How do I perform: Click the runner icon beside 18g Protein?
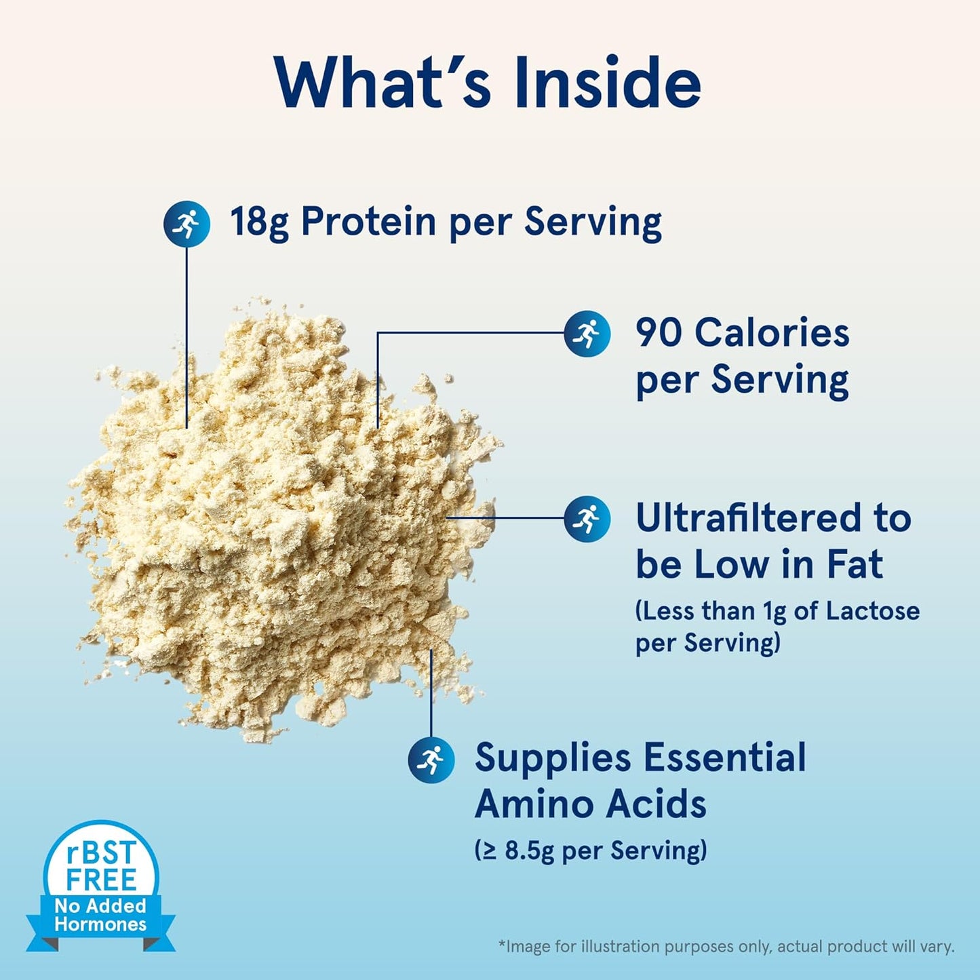(x=187, y=224)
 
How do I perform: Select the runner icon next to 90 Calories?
(x=587, y=334)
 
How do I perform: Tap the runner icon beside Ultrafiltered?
(x=587, y=519)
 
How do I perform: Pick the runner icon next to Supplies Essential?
(x=431, y=760)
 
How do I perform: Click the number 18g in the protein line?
(x=259, y=222)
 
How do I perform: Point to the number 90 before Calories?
(x=659, y=333)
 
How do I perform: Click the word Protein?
(x=368, y=222)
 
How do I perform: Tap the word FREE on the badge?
(x=101, y=880)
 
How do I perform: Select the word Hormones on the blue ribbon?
(x=100, y=924)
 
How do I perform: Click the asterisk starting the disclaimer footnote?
(x=502, y=944)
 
